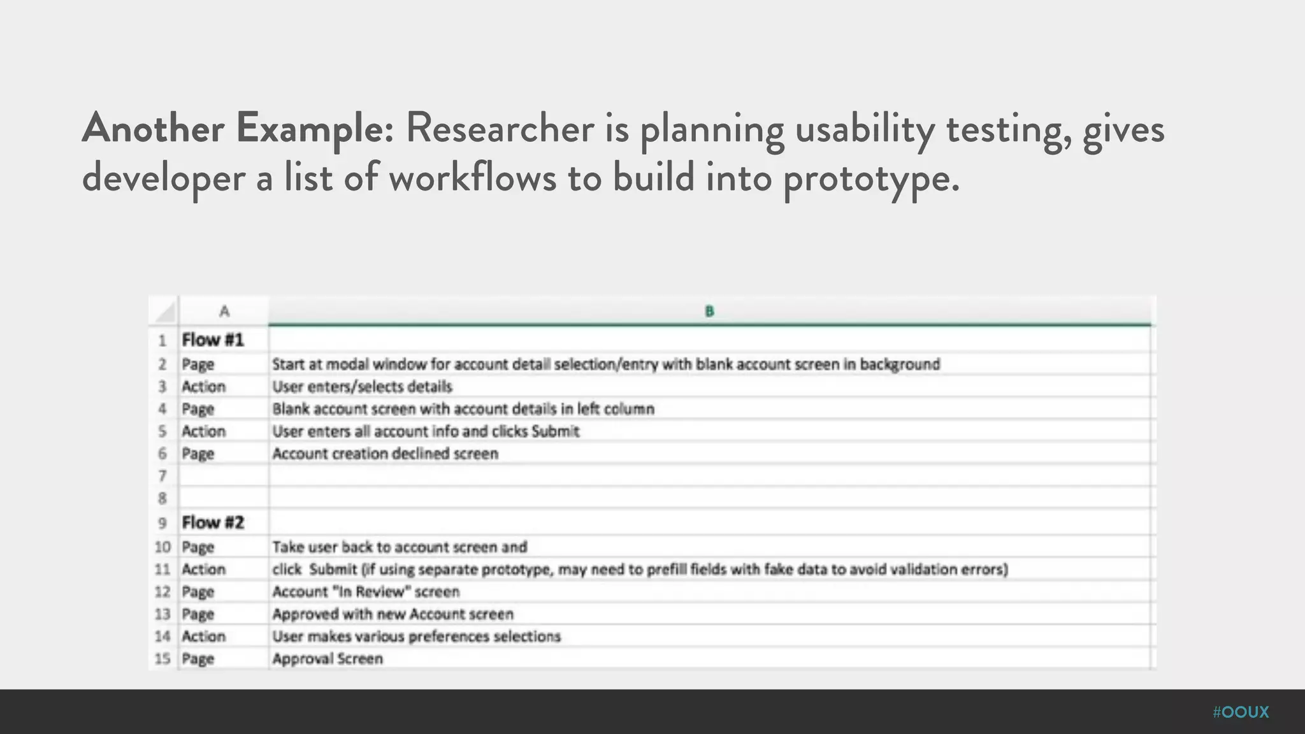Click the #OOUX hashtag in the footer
(x=1241, y=712)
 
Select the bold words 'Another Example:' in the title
(x=238, y=128)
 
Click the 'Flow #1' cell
(x=213, y=340)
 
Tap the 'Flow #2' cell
(x=213, y=523)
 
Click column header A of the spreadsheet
(x=224, y=312)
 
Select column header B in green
(x=709, y=312)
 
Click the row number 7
(x=162, y=476)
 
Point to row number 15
(x=162, y=659)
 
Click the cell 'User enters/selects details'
(x=362, y=387)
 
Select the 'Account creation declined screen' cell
(x=385, y=454)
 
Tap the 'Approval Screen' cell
(x=328, y=659)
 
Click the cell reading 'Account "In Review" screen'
(x=366, y=592)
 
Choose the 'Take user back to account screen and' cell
(x=400, y=547)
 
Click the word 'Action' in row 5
(x=204, y=431)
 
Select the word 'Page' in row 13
(x=198, y=614)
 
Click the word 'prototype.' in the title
(x=871, y=178)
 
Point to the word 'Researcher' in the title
(x=500, y=128)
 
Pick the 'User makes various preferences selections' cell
(x=417, y=637)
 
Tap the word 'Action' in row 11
(x=204, y=570)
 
